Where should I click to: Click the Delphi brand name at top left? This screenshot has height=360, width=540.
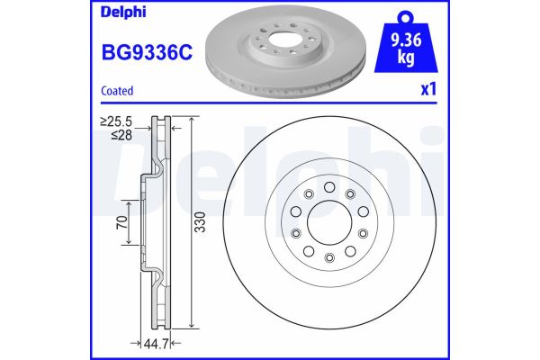point(123,12)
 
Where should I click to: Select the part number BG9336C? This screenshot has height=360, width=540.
point(147,53)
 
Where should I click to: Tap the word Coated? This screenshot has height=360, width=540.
point(117,91)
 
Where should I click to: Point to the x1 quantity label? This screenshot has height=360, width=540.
point(428,89)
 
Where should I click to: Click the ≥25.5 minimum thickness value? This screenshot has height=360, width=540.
point(116,121)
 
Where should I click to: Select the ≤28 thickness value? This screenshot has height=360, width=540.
point(121,135)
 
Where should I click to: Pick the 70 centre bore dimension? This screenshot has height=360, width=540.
point(122,223)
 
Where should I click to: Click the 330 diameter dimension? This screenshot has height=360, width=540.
point(200,222)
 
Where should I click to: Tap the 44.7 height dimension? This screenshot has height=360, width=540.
point(157,344)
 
